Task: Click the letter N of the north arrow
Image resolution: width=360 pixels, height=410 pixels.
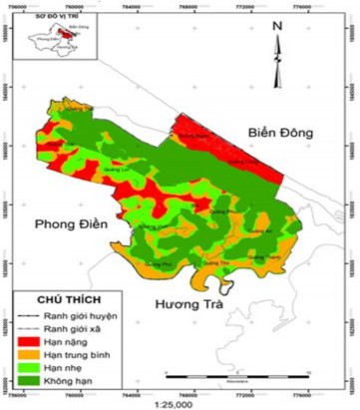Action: click(278, 26)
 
